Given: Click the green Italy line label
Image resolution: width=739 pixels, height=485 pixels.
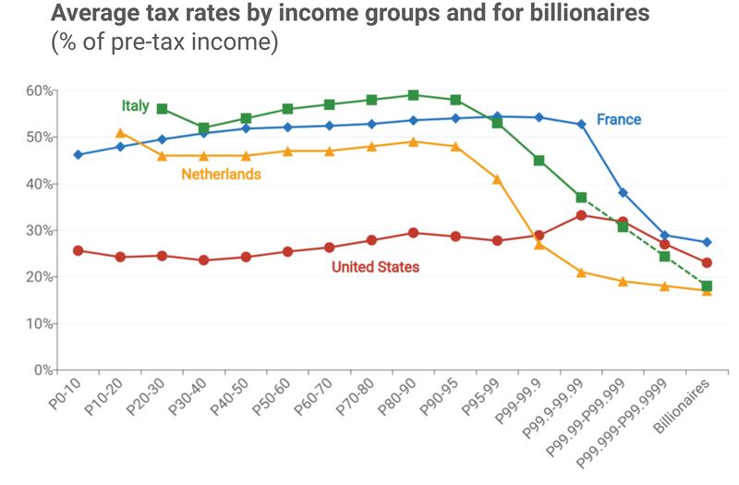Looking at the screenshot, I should (135, 106).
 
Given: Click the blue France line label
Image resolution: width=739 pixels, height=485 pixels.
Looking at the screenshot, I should (618, 120).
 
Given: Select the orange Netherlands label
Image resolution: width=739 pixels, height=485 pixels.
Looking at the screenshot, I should (220, 174).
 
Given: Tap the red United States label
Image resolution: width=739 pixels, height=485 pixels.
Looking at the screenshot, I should (375, 267).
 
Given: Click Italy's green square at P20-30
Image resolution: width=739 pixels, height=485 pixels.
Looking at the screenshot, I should (163, 109).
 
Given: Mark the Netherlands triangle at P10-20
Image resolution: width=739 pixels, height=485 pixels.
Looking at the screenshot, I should (120, 133).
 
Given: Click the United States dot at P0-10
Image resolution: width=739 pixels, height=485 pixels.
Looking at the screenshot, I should (79, 250).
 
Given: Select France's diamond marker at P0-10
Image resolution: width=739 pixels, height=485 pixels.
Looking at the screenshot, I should (79, 154).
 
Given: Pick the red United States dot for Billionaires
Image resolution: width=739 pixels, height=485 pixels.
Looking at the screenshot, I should (707, 262).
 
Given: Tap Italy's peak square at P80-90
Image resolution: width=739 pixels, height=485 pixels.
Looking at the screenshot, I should (413, 95).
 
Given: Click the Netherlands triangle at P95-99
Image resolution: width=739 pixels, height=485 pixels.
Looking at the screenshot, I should (497, 179).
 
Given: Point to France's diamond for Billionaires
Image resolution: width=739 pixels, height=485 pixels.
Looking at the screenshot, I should (707, 242).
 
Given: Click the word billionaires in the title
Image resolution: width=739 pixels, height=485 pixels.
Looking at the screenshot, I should (569, 15).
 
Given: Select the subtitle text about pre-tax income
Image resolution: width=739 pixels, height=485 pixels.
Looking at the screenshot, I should (162, 43).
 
